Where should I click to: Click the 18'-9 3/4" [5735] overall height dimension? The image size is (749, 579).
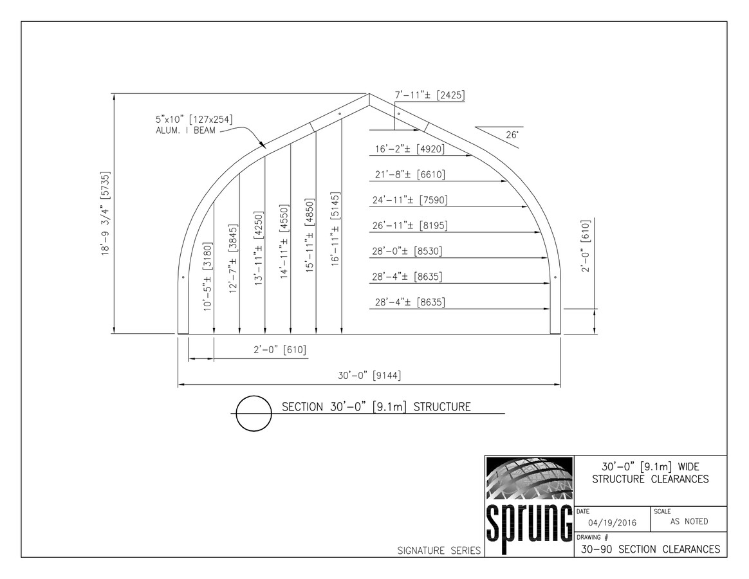(x=105, y=214)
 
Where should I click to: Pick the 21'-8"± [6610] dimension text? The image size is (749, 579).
(x=409, y=175)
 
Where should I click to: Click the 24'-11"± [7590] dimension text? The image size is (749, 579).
(x=409, y=200)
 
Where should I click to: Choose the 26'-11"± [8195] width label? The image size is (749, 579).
(x=409, y=226)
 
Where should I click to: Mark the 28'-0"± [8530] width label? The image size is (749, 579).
(x=409, y=251)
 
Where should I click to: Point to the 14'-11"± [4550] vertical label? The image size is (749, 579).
(x=284, y=241)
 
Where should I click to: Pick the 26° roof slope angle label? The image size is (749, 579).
(x=512, y=135)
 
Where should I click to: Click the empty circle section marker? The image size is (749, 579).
(x=252, y=413)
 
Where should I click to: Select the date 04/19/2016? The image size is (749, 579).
(x=612, y=523)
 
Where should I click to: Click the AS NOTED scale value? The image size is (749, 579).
(x=689, y=522)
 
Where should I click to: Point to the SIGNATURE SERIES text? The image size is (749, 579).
(x=439, y=551)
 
